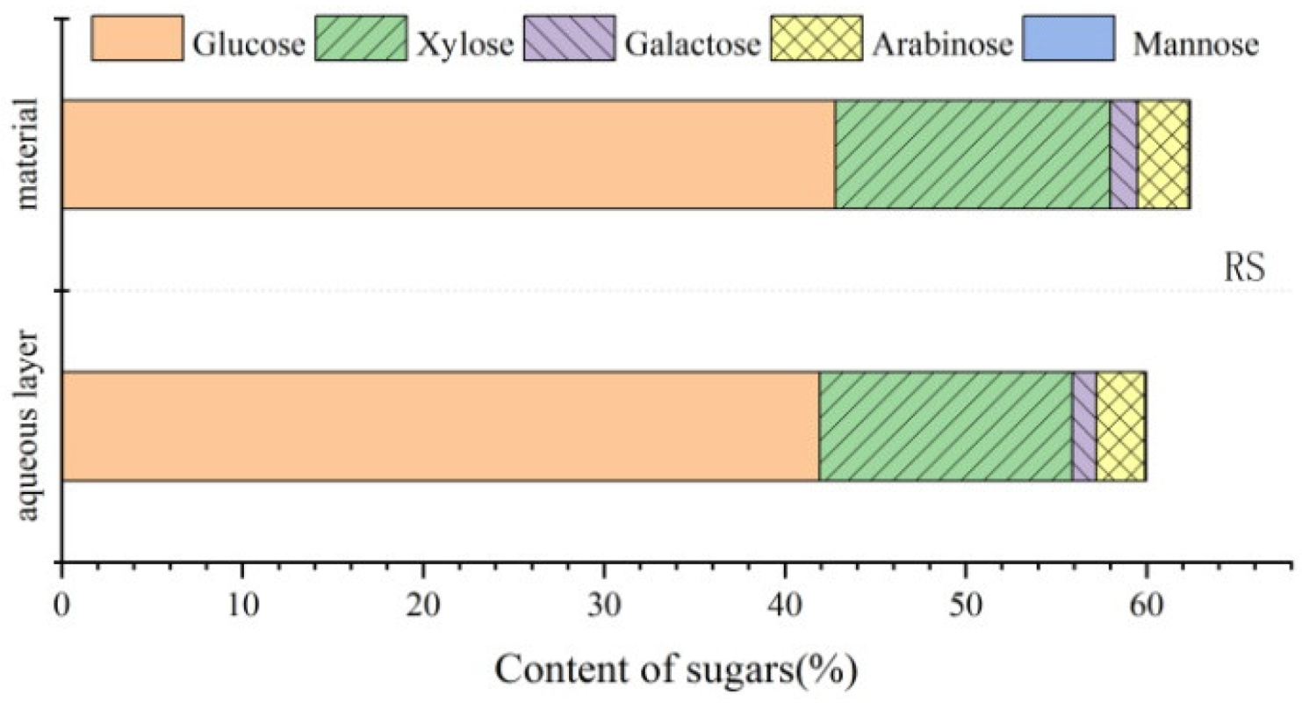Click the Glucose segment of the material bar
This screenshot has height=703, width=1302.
tap(448, 155)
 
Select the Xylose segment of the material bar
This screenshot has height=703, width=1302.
tap(972, 155)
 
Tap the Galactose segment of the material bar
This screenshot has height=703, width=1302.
tap(1124, 155)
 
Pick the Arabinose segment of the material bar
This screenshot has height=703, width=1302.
tap(1163, 155)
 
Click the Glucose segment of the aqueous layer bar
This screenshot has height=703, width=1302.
tap(439, 426)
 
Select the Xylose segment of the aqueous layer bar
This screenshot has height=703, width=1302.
tap(946, 426)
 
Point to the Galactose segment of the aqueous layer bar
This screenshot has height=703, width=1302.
tap(1084, 426)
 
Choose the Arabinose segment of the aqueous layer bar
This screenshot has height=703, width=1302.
tap(1121, 426)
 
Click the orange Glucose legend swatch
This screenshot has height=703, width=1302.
tap(137, 38)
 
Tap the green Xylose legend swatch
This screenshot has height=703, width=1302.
tap(360, 38)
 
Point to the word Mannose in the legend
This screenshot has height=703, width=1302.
tap(1195, 41)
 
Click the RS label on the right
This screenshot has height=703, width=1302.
tap(1244, 267)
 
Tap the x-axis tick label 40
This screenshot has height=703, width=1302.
tap(784, 606)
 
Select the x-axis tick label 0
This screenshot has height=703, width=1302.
tap(61, 606)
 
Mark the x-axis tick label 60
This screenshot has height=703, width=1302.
tap(1146, 606)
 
